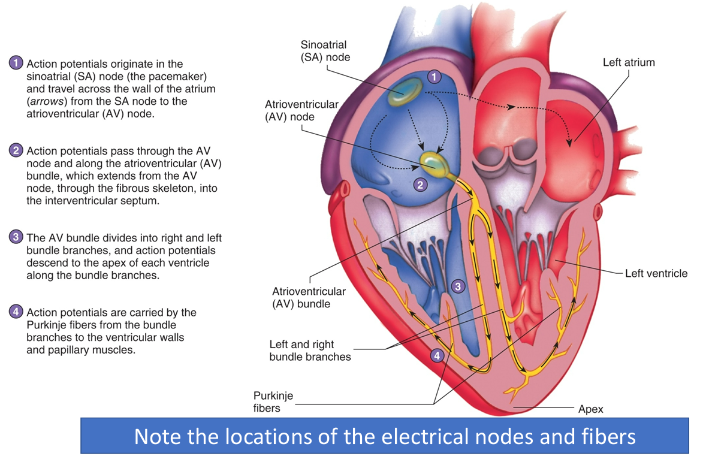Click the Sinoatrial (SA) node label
[x=324, y=51]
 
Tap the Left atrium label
[x=628, y=62]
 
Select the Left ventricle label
[x=656, y=273]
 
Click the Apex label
[x=590, y=409]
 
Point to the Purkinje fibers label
[x=274, y=401]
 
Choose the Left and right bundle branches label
[x=310, y=351]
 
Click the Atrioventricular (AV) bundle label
[x=309, y=298]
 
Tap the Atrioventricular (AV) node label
[x=301, y=110]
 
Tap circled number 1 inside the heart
[x=435, y=77]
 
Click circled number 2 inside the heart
[x=421, y=185]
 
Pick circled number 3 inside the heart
[x=457, y=286]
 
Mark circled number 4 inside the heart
[x=438, y=355]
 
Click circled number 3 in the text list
[x=16, y=237]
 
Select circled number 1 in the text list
[x=16, y=63]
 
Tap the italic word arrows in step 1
[x=43, y=101]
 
